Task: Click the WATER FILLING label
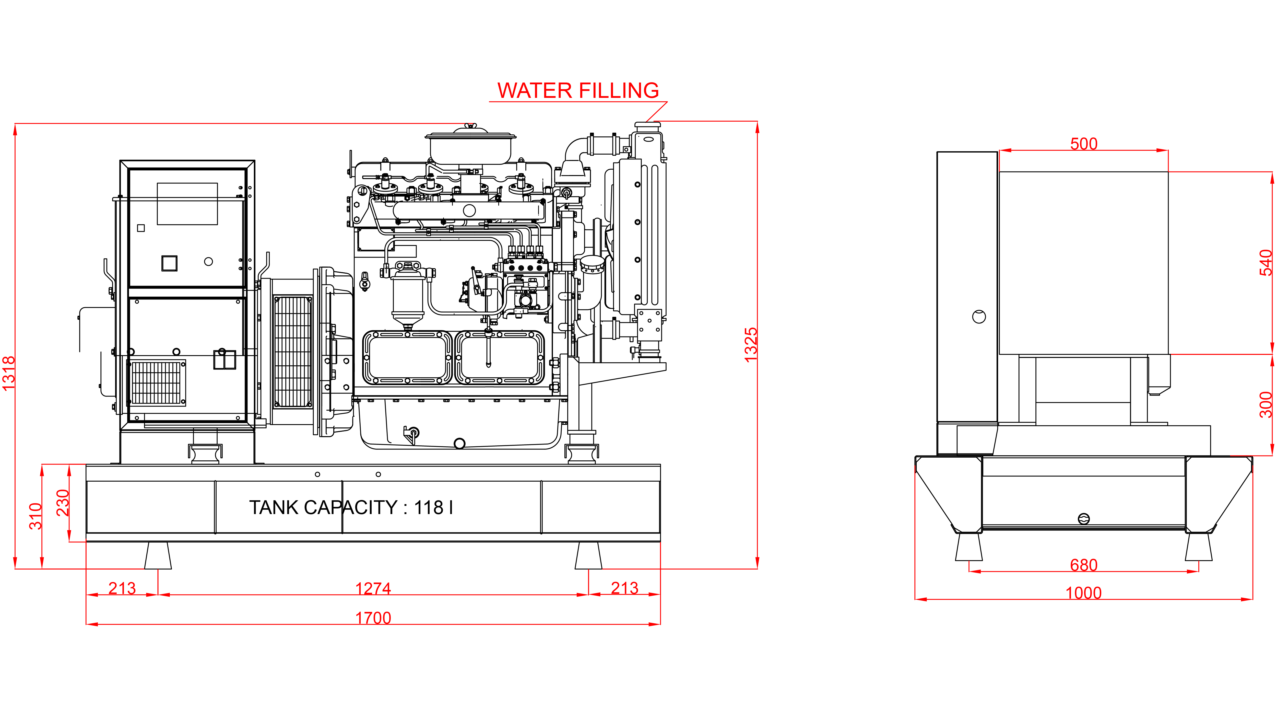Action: coord(578,90)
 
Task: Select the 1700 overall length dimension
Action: coord(373,618)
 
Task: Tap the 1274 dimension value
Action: coord(373,588)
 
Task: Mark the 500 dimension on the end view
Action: coord(1084,144)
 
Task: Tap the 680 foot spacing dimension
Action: coord(1084,565)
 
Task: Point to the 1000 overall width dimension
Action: coord(1084,592)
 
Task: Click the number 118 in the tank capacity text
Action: coord(429,507)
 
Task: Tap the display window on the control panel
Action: coord(187,204)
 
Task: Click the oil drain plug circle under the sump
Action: coord(459,443)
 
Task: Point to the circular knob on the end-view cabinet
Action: coord(979,316)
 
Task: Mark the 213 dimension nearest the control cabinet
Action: coord(122,588)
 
